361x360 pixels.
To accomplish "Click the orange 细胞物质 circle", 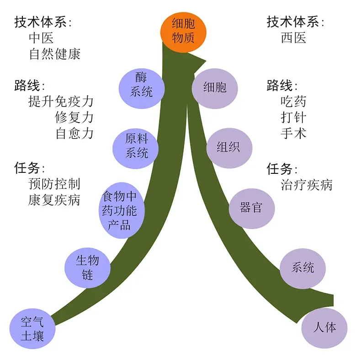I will click(183, 31).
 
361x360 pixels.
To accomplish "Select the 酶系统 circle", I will click(141, 85).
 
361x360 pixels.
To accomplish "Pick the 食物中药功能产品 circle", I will click(119, 211).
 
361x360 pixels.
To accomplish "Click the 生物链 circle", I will click(87, 268).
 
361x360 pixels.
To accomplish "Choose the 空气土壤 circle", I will click(32, 329).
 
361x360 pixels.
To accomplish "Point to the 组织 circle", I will click(228, 147).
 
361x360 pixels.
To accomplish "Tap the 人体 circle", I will click(324, 328).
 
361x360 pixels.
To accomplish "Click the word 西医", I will click(293, 38).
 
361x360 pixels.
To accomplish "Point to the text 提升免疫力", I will click(61, 101).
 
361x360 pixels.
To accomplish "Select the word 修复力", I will click(74, 117).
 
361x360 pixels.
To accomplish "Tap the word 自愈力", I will click(74, 133).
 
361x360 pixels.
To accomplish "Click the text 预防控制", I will click(54, 184).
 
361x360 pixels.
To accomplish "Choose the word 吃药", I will click(293, 101).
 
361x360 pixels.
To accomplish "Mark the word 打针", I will click(293, 117).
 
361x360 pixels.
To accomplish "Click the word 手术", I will click(293, 133).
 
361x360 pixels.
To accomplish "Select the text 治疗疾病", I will click(307, 185).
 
